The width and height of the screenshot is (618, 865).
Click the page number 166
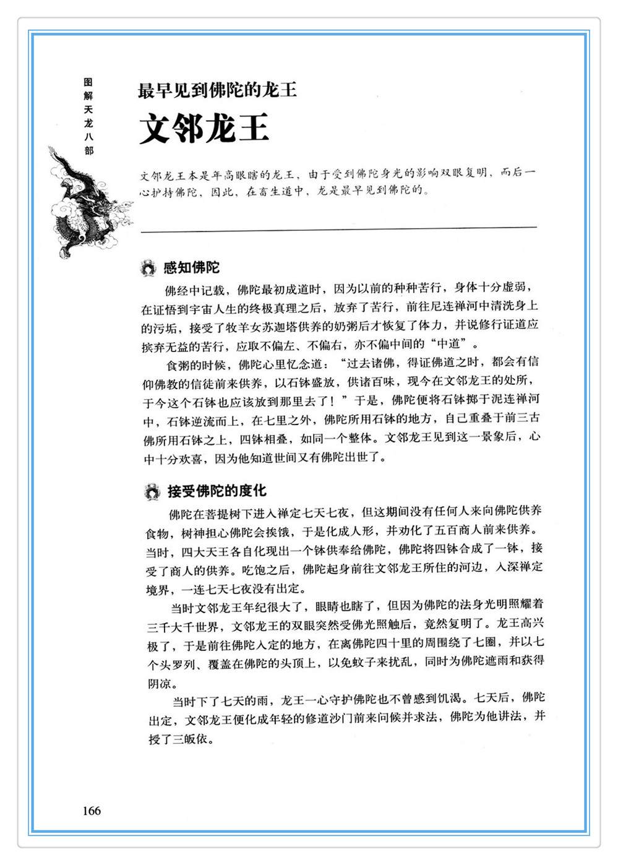[91, 811]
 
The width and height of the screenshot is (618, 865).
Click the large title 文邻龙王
[204, 128]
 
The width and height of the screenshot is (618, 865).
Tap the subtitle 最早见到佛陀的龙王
[217, 90]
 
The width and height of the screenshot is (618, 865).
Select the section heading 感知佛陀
[191, 268]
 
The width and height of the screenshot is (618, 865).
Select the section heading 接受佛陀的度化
[217, 491]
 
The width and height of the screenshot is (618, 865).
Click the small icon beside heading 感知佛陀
[148, 269]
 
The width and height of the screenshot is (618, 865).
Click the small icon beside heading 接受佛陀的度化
[152, 493]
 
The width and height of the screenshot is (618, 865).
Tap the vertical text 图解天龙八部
[88, 116]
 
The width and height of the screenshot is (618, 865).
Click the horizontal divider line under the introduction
[339, 230]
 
